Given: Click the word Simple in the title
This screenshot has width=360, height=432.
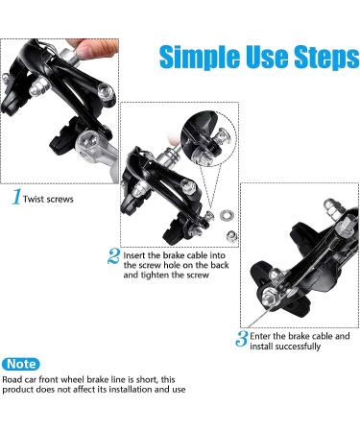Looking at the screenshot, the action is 200,58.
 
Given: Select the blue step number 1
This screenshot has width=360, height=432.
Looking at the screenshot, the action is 16,197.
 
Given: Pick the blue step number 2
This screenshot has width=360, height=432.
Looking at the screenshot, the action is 114,256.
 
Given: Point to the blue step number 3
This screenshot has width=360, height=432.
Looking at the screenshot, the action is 242,338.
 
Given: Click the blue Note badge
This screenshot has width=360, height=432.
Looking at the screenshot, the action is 21,364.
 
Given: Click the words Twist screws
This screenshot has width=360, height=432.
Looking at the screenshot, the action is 48,199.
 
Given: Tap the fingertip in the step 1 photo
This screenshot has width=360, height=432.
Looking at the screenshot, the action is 92,49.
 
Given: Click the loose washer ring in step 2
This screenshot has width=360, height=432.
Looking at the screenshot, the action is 227,215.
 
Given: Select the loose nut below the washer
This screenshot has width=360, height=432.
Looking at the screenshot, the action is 231,236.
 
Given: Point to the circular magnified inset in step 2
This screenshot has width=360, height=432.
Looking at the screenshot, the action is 208,138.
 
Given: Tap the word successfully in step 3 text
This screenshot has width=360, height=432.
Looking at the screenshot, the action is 298,347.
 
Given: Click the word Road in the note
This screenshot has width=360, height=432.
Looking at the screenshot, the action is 12,380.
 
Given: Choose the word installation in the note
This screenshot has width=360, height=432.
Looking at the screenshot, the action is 131,390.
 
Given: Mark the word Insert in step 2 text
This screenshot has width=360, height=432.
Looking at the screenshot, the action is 134,255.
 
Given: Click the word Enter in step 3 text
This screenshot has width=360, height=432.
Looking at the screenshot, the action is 260,336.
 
